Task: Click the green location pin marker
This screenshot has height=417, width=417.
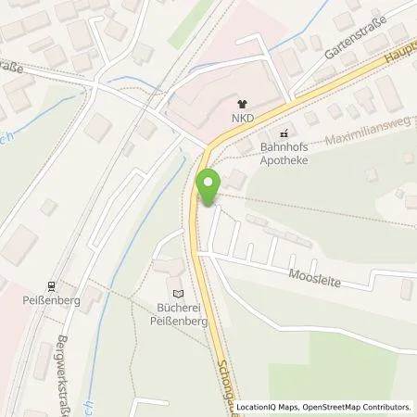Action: (x=208, y=187)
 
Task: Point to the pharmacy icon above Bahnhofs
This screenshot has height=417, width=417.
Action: (x=284, y=132)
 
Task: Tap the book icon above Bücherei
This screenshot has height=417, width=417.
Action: (x=179, y=293)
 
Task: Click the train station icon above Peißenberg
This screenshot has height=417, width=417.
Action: (x=49, y=286)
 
